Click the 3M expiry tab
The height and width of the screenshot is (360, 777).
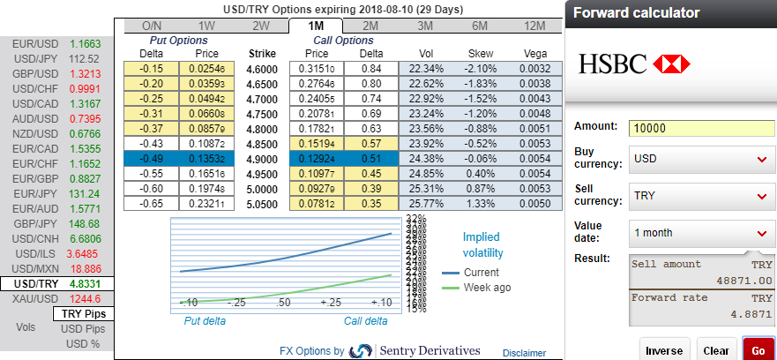tap(425, 26)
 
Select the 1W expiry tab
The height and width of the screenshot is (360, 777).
tap(207, 26)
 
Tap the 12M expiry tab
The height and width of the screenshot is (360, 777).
tap(534, 26)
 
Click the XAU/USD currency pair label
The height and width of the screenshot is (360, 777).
tap(34, 299)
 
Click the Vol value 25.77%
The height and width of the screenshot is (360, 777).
tap(427, 203)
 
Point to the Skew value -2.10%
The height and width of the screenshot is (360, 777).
tap(480, 68)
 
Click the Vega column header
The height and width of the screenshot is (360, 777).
tap(534, 53)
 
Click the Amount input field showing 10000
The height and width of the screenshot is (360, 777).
tap(701, 128)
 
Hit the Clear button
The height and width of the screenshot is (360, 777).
tap(716, 349)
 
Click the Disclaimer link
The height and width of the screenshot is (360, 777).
tap(524, 352)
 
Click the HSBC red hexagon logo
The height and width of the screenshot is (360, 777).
tap(673, 63)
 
